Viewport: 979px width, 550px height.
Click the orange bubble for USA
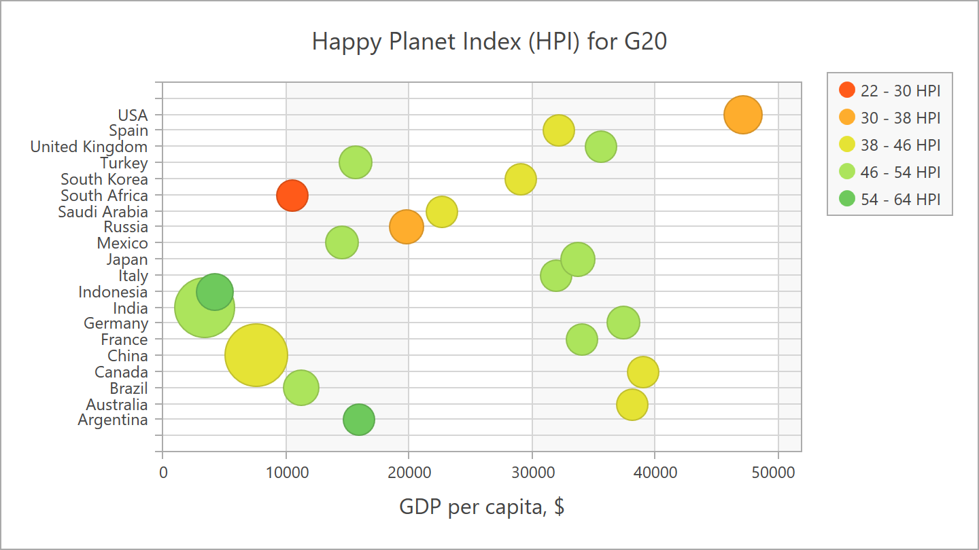742,115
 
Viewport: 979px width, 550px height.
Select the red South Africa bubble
292,196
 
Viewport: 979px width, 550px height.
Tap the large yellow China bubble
256,355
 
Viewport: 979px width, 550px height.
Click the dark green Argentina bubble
359,420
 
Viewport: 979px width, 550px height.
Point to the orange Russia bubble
407,227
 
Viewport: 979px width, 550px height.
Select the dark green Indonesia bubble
215,291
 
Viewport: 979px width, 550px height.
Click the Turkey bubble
356,162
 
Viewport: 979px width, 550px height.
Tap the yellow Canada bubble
643,371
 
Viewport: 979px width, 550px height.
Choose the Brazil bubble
301,388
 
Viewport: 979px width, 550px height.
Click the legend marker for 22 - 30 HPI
847,90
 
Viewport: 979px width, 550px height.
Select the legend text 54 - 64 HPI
900,199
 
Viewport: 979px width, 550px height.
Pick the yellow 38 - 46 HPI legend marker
847,145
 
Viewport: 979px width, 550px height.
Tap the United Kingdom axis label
89,147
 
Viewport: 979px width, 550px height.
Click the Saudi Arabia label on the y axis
103,212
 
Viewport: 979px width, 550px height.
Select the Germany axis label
116,323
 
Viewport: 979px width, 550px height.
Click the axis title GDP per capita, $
482,507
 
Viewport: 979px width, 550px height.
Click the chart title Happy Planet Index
489,41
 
